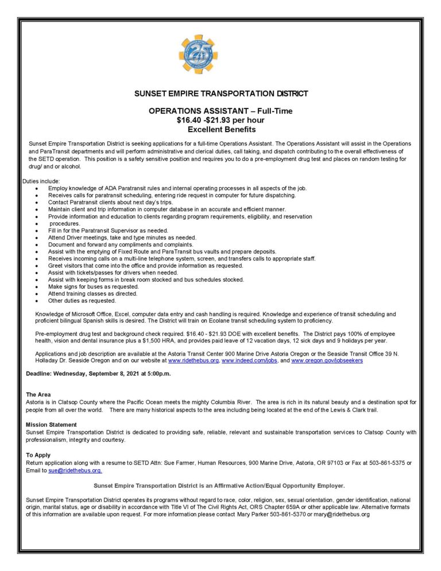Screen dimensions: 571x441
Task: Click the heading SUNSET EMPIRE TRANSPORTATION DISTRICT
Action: pos(220,93)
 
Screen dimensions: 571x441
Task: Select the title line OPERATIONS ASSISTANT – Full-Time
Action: pos(220,111)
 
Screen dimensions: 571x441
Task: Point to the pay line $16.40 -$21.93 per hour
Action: pos(220,120)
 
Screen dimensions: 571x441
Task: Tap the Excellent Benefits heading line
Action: pos(220,129)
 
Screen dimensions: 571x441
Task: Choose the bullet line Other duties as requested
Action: pos(82,300)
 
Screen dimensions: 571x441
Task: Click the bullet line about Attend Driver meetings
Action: pos(122,237)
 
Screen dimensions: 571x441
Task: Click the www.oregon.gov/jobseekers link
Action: pos(327,361)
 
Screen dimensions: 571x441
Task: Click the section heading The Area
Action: pos(38,395)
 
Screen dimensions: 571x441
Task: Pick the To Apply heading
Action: pos(38,455)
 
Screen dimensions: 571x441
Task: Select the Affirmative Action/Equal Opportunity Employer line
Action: pos(219,485)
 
